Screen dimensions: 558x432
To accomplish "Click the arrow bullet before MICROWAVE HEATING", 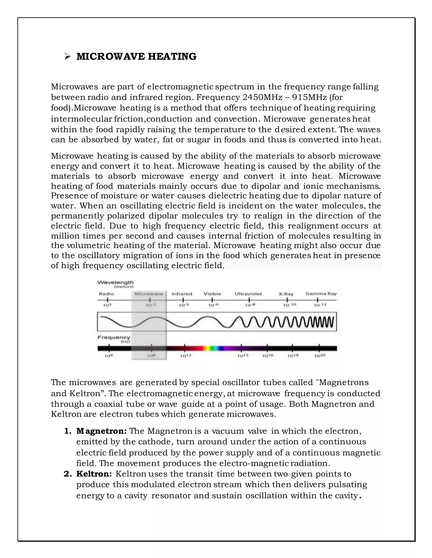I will [x=67, y=56].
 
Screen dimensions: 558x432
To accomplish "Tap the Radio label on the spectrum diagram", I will [x=107, y=294].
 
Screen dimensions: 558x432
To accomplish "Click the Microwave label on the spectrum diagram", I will [x=149, y=294].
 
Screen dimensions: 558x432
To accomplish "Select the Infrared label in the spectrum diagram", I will [x=182, y=294].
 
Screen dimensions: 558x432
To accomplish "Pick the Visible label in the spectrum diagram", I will [x=212, y=294].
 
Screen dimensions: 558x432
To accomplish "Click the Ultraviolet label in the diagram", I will [x=248, y=294].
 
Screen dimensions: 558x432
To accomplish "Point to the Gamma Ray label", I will [x=321, y=294].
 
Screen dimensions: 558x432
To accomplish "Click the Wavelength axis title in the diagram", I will [x=115, y=282].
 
